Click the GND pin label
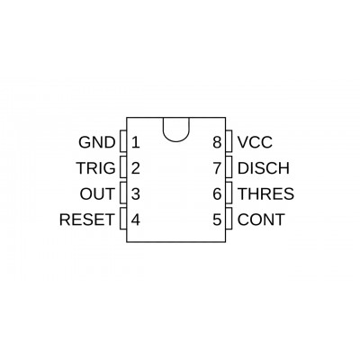click(97, 142)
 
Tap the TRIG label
click(95, 168)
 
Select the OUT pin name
click(97, 193)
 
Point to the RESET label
click(87, 220)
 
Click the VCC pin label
click(255, 142)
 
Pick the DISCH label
click(264, 168)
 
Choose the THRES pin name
click(265, 193)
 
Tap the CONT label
click(261, 220)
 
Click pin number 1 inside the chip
click(136, 142)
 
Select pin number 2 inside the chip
click(136, 168)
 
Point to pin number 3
click(136, 193)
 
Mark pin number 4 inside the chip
click(136, 220)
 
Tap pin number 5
click(217, 220)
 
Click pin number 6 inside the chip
click(217, 193)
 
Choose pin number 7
click(217, 168)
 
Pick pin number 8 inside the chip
click(217, 142)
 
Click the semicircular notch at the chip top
click(176, 141)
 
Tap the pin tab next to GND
click(123, 140)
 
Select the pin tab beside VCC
click(229, 140)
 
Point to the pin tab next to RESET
click(123, 219)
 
